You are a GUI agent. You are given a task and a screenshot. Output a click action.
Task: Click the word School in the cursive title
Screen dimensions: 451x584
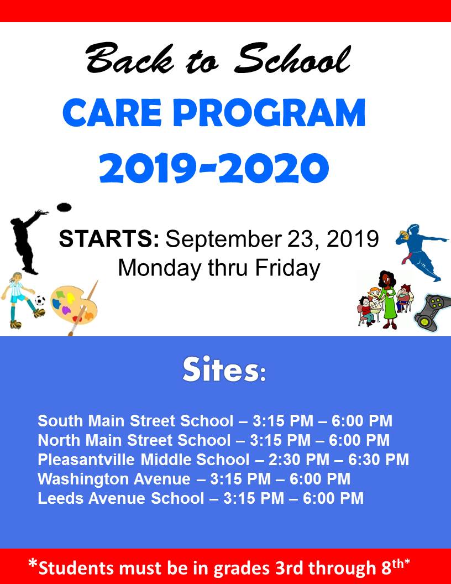(292, 59)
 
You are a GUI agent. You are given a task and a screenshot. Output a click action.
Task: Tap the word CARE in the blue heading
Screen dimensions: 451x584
(112, 113)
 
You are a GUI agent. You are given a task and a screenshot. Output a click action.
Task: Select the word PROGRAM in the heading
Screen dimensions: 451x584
(269, 113)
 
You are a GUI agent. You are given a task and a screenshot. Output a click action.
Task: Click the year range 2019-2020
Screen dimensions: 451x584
(214, 168)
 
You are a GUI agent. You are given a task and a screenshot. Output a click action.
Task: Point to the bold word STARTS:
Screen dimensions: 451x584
(109, 239)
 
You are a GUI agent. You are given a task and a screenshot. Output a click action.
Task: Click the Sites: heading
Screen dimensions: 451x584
(224, 370)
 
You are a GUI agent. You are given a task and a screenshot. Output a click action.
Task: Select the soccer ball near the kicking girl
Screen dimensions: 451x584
(40, 300)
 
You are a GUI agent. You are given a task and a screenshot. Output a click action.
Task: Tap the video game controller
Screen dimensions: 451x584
(432, 312)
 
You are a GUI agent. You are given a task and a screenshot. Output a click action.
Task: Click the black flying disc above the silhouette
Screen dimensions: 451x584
(64, 207)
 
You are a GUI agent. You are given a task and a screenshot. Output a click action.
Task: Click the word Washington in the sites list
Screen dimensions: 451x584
(82, 479)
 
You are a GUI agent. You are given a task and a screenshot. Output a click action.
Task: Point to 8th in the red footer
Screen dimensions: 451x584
(392, 567)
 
